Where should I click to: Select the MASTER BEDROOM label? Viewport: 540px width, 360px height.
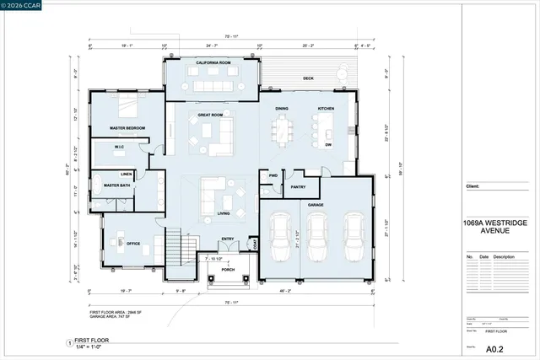[x=127, y=128]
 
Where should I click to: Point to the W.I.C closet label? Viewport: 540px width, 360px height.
[x=120, y=148]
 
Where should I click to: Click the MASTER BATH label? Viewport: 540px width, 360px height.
[x=116, y=185]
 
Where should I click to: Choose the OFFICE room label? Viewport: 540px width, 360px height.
[x=133, y=245]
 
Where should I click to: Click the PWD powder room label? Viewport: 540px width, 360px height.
[x=273, y=175]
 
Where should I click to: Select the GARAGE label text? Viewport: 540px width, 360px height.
[x=316, y=204]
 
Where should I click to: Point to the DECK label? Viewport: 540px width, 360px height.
[x=309, y=78]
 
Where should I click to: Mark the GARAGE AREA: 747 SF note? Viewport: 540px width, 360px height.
[x=112, y=317]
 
